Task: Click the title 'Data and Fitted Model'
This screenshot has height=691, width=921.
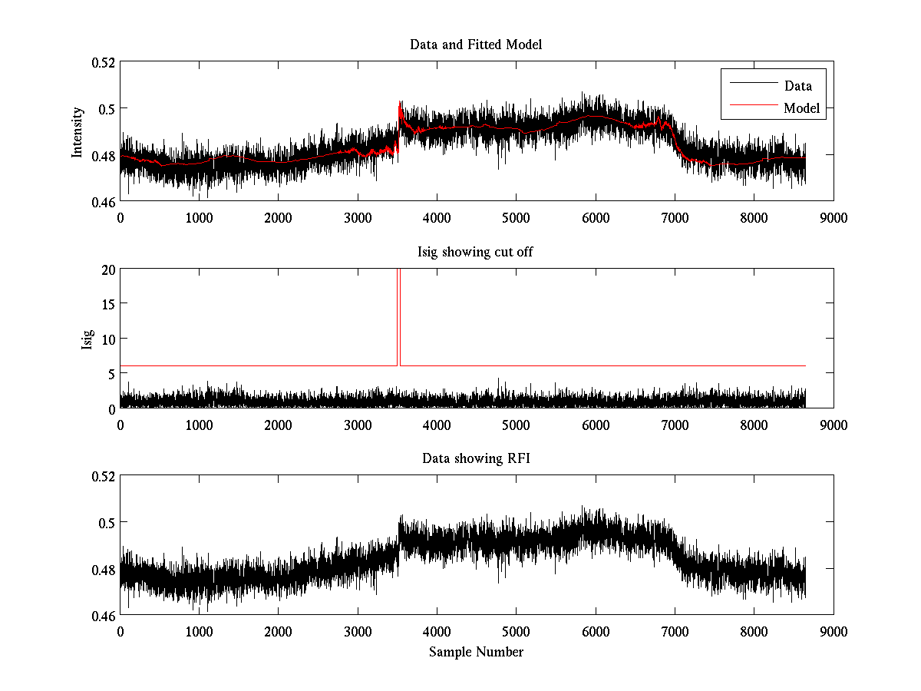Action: pos(476,45)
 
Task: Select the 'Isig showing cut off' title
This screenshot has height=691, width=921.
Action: pos(476,252)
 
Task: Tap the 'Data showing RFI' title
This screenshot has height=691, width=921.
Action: pos(476,458)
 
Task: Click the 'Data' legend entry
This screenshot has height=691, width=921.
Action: pos(797,86)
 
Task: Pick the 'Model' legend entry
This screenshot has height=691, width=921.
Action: pos(801,108)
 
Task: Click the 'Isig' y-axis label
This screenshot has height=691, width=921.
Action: pos(86,339)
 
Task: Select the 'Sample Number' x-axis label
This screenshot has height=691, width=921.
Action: pos(476,652)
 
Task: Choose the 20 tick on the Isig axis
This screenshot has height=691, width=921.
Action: pos(108,269)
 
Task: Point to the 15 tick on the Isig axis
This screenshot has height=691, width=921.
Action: pos(108,304)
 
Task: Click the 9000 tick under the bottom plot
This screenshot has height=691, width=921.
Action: pos(833,631)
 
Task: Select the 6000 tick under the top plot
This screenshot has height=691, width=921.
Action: pos(595,217)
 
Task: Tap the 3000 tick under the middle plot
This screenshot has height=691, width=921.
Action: pos(358,425)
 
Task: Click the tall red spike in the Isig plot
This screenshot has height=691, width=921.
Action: pos(398,315)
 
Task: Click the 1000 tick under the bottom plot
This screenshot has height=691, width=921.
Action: pos(200,631)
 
